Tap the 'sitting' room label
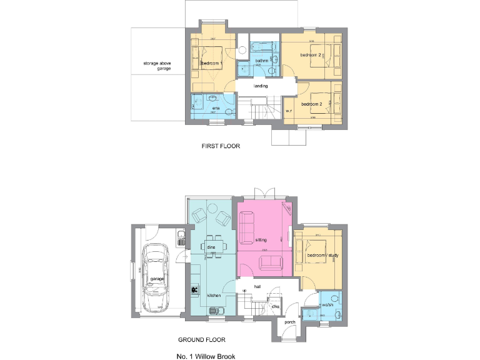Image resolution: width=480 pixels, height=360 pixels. pos(261,239)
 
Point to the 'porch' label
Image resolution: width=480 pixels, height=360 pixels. pos(290,323)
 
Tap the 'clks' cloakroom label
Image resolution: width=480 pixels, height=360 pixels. pos(275,306)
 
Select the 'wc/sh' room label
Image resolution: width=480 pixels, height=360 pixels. pos(327,306)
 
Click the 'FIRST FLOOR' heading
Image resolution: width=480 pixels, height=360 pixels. pos(221,146)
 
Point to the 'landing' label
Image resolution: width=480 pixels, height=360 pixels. pos(261,86)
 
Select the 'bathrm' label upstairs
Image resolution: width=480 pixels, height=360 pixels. pos(262,61)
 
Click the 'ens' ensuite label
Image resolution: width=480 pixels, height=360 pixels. pos(216,109)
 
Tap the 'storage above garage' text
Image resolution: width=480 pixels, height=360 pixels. pos(157,66)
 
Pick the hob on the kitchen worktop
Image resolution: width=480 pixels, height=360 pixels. pos(195,290)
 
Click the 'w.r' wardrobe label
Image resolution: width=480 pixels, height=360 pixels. pos(289,111)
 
